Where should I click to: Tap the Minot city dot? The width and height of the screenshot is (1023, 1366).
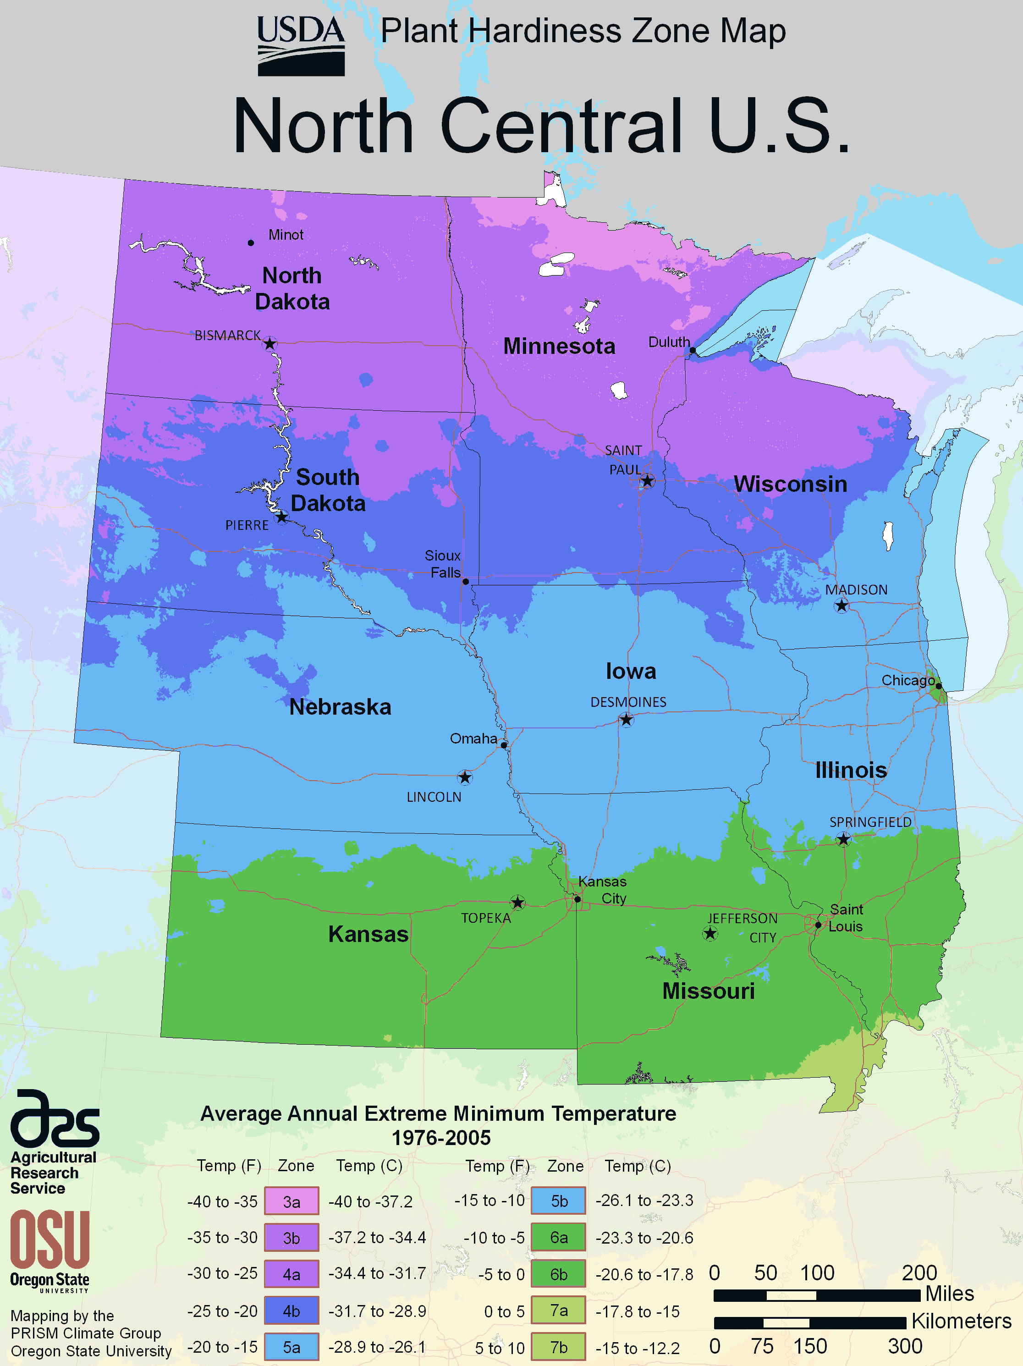pos(251,242)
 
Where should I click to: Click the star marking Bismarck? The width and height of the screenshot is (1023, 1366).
pos(270,343)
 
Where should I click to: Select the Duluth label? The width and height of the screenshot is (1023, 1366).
pos(669,341)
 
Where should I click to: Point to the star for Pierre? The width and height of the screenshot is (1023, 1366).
pos(281,517)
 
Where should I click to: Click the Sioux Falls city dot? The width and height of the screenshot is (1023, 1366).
pos(466,581)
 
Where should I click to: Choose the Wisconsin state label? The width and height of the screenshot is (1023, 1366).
pos(790,484)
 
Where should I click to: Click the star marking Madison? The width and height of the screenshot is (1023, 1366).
pos(841,606)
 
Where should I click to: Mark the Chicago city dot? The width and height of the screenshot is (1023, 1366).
pos(938,685)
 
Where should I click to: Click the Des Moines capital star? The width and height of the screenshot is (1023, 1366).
pos(626,719)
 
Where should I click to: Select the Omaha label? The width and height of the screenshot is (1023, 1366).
pos(473,738)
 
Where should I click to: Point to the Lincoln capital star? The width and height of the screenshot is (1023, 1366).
pos(465,777)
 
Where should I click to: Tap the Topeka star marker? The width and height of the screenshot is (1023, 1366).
pos(517,903)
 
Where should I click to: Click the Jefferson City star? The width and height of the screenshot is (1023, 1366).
pos(710,933)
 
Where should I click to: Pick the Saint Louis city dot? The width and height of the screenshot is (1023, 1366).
pos(818,925)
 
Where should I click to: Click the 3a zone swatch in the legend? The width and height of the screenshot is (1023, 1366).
pos(291,1201)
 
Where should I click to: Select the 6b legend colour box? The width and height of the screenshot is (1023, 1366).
pos(559,1274)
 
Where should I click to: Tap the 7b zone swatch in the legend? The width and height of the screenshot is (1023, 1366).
pos(559,1347)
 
